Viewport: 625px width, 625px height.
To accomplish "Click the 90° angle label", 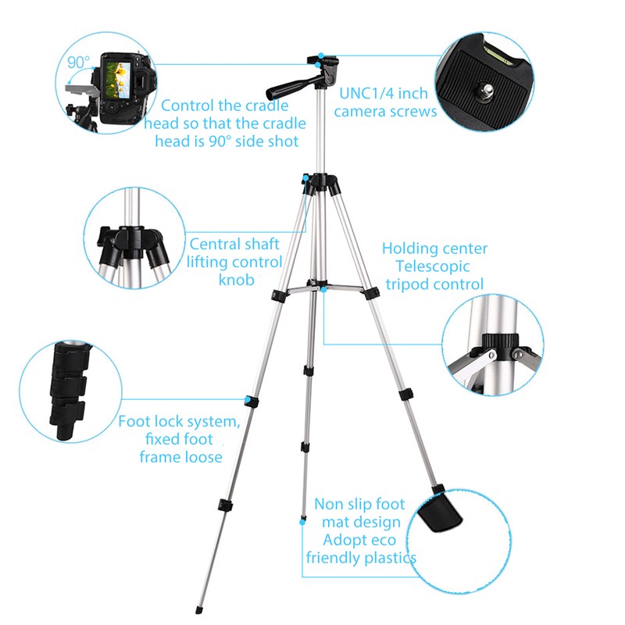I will point(79,62).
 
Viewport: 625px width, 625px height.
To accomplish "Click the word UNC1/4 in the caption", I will point(364,92).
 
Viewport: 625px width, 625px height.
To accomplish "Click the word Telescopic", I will point(434,266).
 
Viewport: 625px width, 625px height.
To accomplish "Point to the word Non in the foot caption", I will point(329,504).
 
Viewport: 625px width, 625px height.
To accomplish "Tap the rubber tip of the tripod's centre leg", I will point(302,516).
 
